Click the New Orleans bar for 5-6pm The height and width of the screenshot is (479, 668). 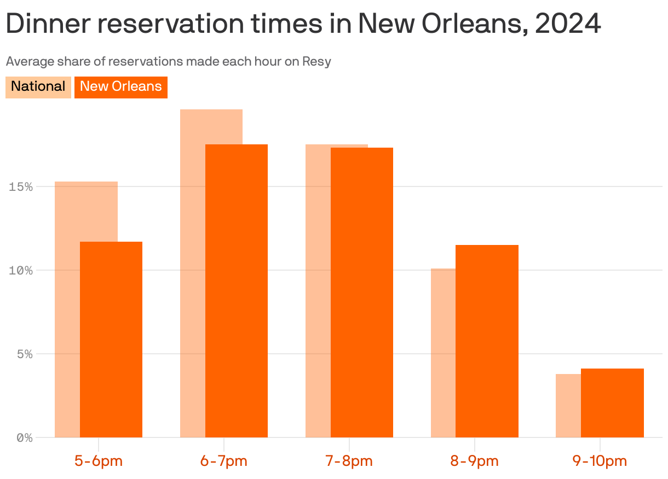111,339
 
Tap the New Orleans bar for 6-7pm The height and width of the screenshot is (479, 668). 237,290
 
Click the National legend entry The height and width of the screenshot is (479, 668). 38,87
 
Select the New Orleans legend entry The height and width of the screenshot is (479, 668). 121,87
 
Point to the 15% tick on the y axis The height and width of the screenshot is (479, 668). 21,187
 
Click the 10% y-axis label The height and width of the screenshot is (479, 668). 21,271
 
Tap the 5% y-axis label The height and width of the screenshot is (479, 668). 24,354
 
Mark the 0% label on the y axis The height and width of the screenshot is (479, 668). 24,438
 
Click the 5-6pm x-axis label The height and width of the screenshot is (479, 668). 99,461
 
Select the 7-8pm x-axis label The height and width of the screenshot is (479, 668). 349,461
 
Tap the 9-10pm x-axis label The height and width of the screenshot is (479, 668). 600,461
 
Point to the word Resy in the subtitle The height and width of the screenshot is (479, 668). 318,61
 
